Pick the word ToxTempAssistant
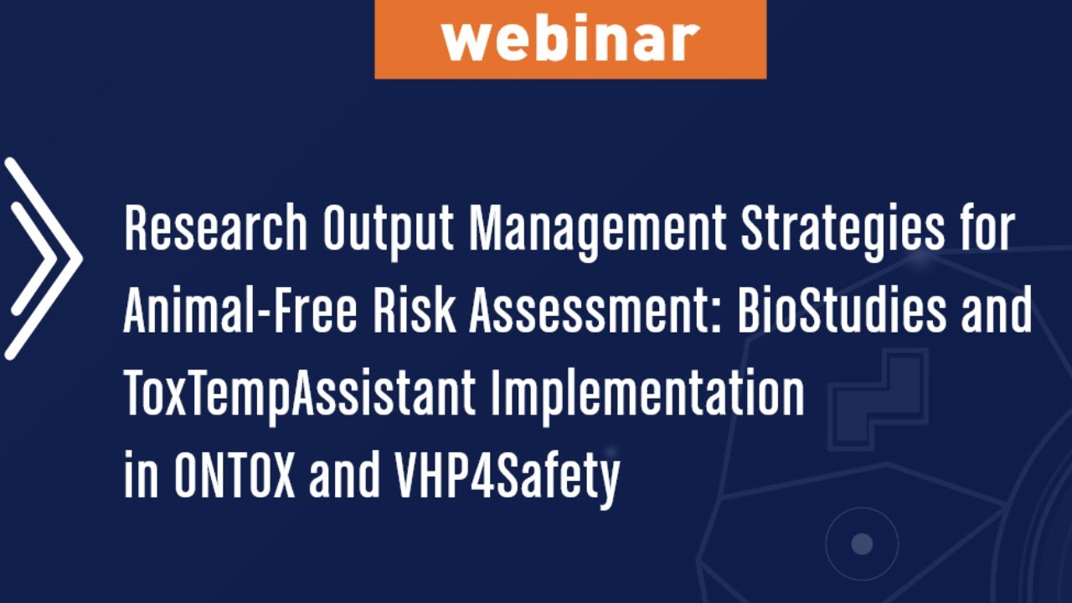point(300,394)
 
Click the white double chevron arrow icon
point(42,258)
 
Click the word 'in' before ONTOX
point(141,476)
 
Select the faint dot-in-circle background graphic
point(862,544)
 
